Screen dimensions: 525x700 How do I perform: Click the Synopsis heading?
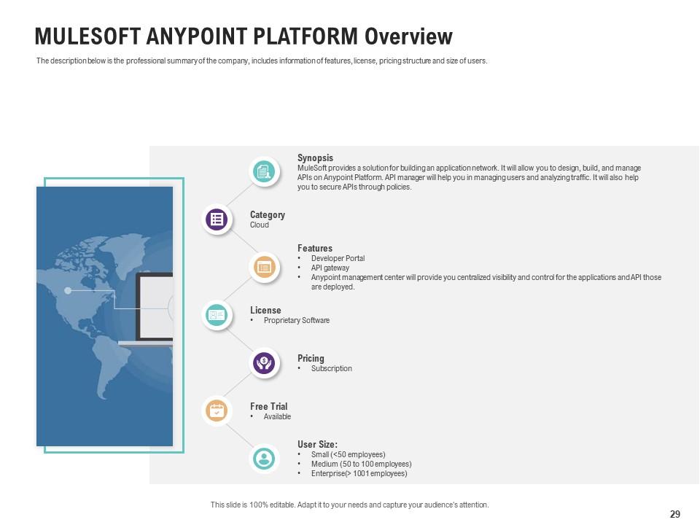pos(315,157)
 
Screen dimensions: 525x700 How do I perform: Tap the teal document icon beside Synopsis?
pos(264,172)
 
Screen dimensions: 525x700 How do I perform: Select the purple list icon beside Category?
pos(217,219)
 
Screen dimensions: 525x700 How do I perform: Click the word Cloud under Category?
pos(260,225)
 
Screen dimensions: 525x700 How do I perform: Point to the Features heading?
pos(314,249)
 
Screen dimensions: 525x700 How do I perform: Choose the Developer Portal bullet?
pos(338,259)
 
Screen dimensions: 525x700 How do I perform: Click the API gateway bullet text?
pos(330,268)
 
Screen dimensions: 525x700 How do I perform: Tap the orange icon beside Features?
pos(264,268)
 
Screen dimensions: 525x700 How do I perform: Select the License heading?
pos(265,311)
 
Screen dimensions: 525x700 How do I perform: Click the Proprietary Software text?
pos(296,321)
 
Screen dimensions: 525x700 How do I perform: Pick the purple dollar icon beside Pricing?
pos(264,362)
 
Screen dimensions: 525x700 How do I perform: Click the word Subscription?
pos(331,369)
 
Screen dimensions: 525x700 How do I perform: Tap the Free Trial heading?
pos(268,407)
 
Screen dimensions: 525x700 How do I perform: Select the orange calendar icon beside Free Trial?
pos(217,411)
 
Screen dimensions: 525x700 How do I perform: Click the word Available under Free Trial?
pos(277,417)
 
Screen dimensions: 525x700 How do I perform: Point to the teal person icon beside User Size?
pos(264,459)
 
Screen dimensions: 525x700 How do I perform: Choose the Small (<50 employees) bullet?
pos(348,455)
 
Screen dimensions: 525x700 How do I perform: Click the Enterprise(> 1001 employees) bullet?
pos(359,474)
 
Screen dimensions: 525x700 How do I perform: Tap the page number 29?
pos(674,514)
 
